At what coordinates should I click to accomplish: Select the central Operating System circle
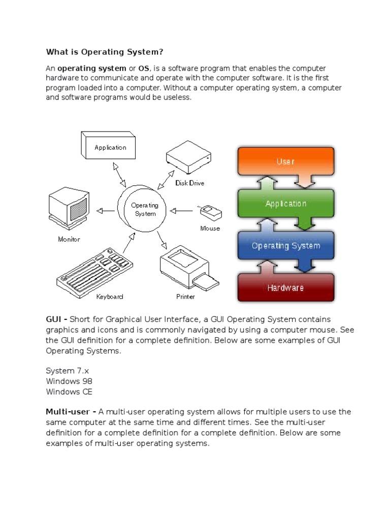145,209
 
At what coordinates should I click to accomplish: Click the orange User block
285,162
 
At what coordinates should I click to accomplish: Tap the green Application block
285,204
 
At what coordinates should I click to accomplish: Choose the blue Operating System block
285,246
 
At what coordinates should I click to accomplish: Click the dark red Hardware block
285,288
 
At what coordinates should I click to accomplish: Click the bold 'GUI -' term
56,319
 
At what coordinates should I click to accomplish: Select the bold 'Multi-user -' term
71,412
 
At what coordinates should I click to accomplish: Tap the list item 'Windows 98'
69,381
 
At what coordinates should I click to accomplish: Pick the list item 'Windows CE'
69,392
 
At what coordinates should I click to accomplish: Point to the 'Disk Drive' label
189,183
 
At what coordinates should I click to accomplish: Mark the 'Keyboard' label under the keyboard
109,297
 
